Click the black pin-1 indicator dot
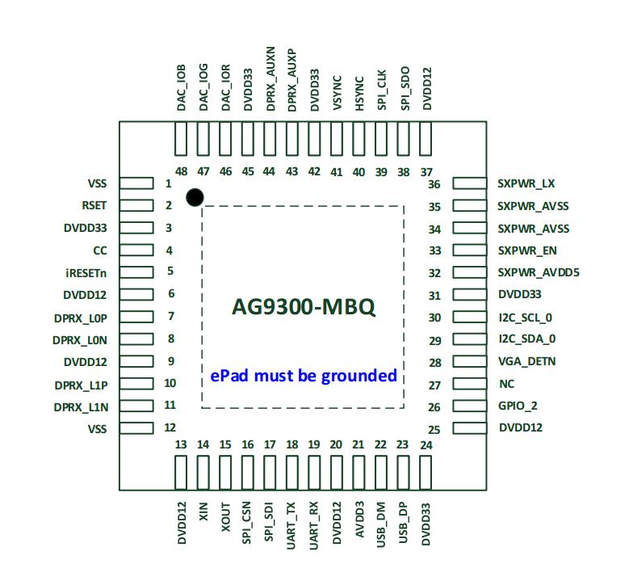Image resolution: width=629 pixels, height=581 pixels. pyautogui.click(x=194, y=197)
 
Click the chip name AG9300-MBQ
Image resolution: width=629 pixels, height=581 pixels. pyautogui.click(x=303, y=308)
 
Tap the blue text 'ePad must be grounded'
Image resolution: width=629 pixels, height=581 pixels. pyautogui.click(x=304, y=375)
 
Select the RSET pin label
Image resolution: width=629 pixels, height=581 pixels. pyautogui.click(x=94, y=205)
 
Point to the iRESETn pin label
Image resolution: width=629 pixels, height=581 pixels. pyautogui.click(x=86, y=272)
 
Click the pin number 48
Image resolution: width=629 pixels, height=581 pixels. pyautogui.click(x=181, y=171)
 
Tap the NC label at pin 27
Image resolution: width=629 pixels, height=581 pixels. pyautogui.click(x=505, y=385)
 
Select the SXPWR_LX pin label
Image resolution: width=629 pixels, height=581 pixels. pyautogui.click(x=526, y=183)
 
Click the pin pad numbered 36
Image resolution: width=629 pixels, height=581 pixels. pyautogui.click(x=469, y=183)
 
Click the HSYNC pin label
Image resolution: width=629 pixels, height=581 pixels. pyautogui.click(x=359, y=94)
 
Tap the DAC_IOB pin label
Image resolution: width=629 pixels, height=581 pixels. pyautogui.click(x=182, y=89)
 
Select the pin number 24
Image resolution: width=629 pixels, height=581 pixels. pyautogui.click(x=426, y=445)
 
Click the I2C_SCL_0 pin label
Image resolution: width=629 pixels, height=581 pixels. pyautogui.click(x=526, y=318)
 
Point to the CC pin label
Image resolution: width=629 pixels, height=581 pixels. pyautogui.click(x=100, y=251)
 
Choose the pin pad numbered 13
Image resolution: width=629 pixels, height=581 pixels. pyautogui.click(x=181, y=474)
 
